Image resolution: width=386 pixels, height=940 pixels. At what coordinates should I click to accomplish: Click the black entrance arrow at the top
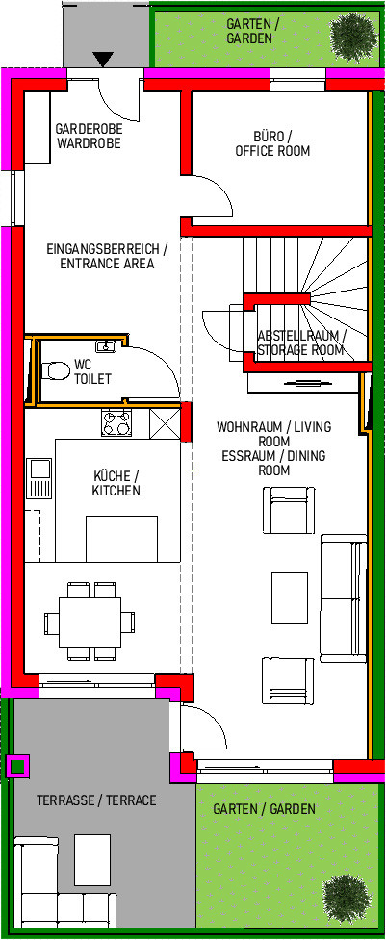click(103, 59)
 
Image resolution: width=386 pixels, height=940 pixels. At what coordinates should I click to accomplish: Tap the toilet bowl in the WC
click(53, 370)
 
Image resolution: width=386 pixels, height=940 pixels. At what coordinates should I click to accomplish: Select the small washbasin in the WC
click(107, 346)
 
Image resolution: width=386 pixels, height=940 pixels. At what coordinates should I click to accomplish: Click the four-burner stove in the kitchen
click(116, 423)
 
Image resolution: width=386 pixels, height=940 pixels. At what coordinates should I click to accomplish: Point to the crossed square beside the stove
click(165, 424)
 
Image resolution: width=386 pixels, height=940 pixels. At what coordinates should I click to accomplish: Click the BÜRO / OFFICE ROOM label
click(272, 143)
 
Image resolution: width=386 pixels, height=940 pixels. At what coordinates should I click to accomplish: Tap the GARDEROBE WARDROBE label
click(89, 136)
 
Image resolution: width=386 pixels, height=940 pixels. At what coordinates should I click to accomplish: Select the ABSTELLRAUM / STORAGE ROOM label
click(301, 343)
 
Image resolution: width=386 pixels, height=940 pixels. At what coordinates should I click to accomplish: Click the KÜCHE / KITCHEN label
click(116, 483)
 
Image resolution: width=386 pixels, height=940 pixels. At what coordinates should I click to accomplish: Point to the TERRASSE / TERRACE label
click(96, 800)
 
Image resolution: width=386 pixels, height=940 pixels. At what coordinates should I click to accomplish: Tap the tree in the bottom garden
click(347, 898)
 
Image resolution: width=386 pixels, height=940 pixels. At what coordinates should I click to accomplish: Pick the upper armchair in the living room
click(289, 510)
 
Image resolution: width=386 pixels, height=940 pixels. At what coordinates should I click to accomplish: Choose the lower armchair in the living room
click(288, 681)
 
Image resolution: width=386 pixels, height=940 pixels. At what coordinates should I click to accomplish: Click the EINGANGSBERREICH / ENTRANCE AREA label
click(107, 256)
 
